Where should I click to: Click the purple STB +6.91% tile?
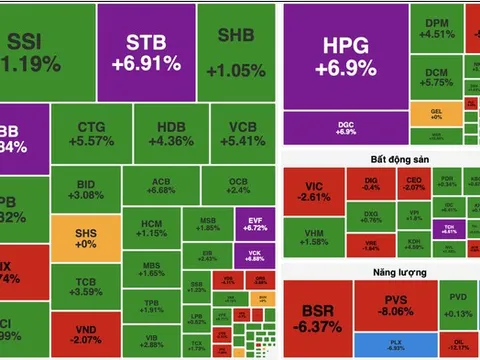click(153, 52)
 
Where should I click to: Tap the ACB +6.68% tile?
click(160, 184)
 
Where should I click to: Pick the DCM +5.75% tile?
click(436, 79)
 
